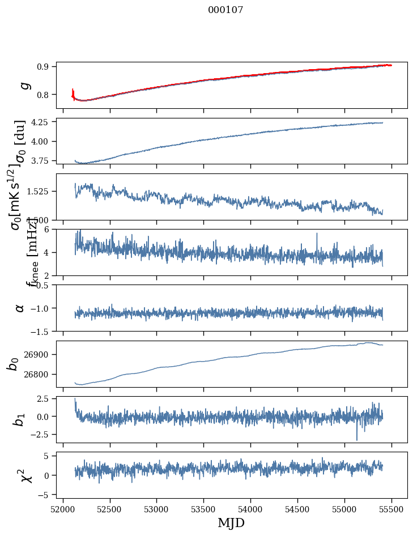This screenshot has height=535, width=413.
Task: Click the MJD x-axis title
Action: click(x=231, y=523)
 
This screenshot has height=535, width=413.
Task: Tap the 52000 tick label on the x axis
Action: click(x=63, y=508)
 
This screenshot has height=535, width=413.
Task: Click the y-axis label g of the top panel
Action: click(x=24, y=85)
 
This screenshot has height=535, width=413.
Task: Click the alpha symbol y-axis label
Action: click(x=20, y=308)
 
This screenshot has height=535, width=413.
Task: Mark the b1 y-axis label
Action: click(x=19, y=419)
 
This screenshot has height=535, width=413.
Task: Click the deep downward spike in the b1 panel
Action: click(x=357, y=439)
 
